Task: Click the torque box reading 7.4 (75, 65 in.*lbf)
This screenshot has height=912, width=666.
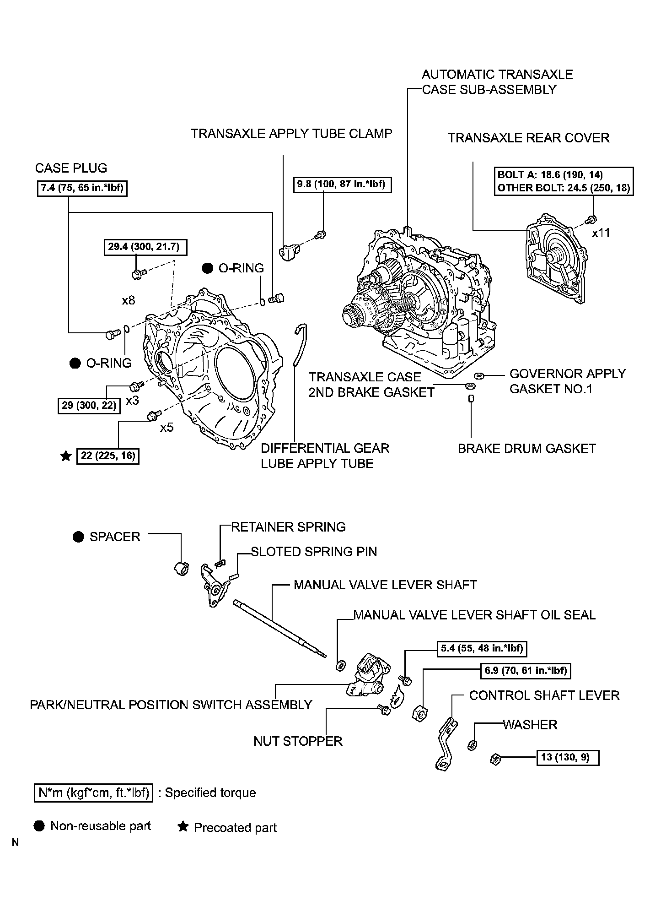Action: pyautogui.click(x=82, y=188)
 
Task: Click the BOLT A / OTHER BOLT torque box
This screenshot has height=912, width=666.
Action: pyautogui.click(x=564, y=181)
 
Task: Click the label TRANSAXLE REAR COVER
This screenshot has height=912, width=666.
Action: pyautogui.click(x=528, y=138)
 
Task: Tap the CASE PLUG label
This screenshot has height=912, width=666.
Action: pyautogui.click(x=71, y=168)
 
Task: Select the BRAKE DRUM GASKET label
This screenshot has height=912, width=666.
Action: pyautogui.click(x=526, y=448)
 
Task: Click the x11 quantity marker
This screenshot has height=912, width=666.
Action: pyautogui.click(x=601, y=233)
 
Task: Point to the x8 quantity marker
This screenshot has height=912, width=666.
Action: pyautogui.click(x=129, y=300)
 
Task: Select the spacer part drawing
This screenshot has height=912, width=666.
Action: pyautogui.click(x=182, y=568)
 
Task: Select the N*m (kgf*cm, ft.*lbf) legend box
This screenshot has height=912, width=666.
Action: pyautogui.click(x=93, y=793)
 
